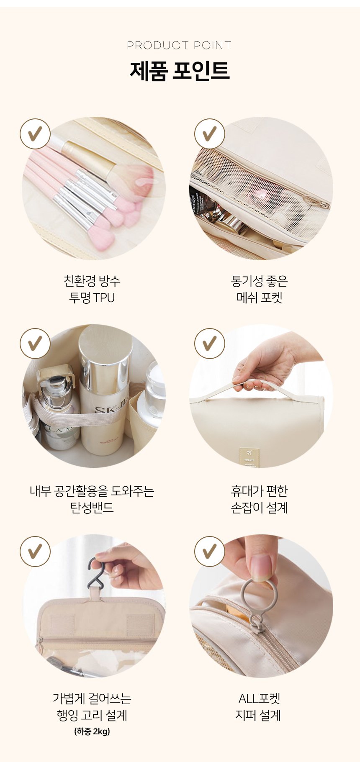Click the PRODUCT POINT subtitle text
179,45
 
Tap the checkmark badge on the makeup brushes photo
35,134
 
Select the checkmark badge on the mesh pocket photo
210,134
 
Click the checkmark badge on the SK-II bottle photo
35,344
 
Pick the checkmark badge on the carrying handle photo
210,344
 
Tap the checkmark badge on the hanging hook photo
35,552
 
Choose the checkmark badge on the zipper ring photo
210,552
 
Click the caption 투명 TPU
92,298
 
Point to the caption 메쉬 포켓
260,298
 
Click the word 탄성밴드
92,508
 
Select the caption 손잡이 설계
260,508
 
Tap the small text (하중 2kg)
92,731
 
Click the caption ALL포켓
260,698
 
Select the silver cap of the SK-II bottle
105,359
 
